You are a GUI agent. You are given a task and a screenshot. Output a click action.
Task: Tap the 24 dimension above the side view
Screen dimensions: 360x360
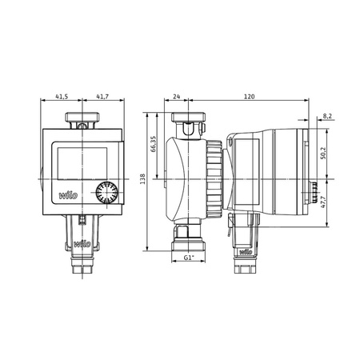[x=176, y=95]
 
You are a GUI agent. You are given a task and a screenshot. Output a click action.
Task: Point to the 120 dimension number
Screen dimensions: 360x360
[x=249, y=95]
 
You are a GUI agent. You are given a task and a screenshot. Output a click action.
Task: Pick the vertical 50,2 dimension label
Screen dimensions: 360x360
[x=322, y=151]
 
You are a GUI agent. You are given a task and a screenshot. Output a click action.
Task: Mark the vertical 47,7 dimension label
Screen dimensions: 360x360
[x=322, y=202]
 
